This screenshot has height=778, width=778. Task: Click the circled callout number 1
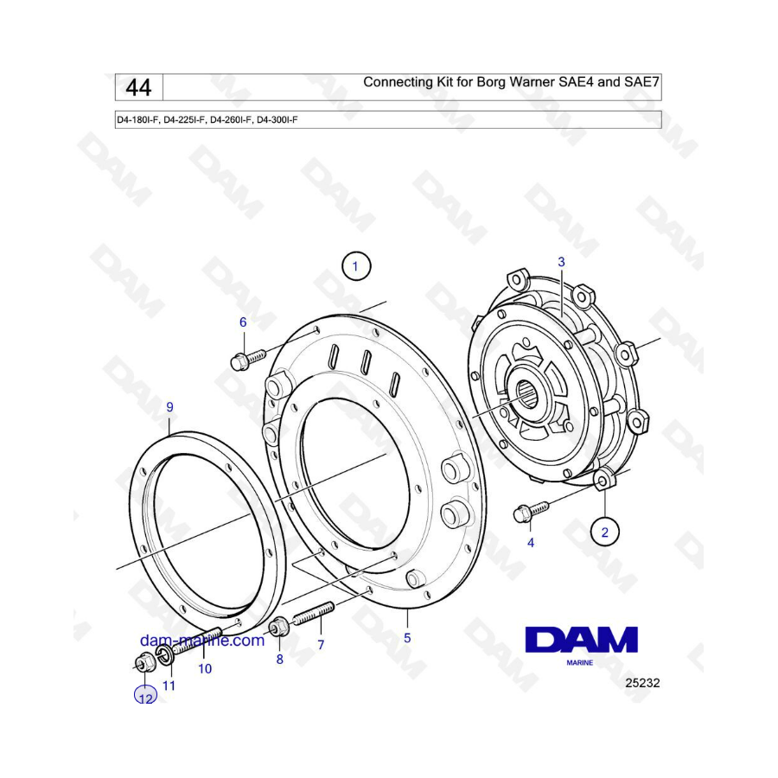(x=355, y=266)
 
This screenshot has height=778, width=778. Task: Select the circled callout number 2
(x=604, y=532)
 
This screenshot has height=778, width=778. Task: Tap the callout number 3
(x=561, y=261)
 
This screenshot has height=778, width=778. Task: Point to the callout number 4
(x=531, y=543)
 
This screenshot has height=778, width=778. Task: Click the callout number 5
(x=407, y=638)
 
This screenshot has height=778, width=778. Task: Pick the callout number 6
(x=243, y=322)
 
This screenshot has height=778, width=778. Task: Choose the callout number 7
(x=321, y=645)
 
